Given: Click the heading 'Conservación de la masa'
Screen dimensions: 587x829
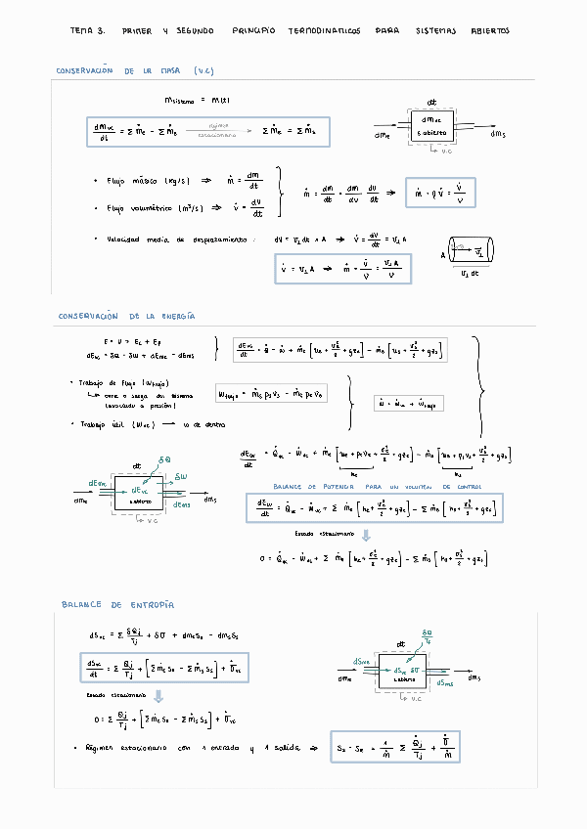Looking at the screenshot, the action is coord(134,70).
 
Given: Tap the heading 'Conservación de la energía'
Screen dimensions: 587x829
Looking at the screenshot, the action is coord(126,316).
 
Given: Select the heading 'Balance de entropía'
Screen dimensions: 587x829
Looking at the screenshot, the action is coord(117,605).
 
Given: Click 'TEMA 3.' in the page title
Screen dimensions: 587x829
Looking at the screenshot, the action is coord(87,31).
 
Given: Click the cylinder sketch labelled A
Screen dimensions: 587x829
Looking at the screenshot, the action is coord(471,252).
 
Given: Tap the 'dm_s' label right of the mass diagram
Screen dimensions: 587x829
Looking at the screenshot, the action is coord(498,134).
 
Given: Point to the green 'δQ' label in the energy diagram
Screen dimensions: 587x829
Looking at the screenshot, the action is coord(163,458).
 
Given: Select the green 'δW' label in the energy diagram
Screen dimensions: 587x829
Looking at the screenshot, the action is coord(180,476).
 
